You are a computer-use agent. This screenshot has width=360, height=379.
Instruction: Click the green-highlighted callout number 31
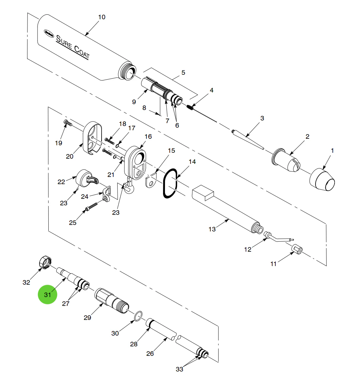[x=48, y=294]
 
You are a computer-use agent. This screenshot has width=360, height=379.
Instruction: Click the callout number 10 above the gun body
[x=102, y=17]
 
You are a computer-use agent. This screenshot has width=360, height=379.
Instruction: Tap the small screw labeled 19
[x=67, y=123]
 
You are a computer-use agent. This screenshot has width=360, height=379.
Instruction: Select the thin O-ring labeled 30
[x=138, y=315]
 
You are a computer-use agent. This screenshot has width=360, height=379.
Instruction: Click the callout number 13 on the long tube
[x=212, y=229]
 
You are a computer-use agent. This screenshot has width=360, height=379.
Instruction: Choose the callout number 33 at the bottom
[x=179, y=369]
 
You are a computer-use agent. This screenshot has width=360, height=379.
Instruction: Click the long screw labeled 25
[x=92, y=207]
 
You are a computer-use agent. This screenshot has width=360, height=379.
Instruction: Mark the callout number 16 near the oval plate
[x=148, y=136]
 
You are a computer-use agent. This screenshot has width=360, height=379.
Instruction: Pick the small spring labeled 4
[x=191, y=107]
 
